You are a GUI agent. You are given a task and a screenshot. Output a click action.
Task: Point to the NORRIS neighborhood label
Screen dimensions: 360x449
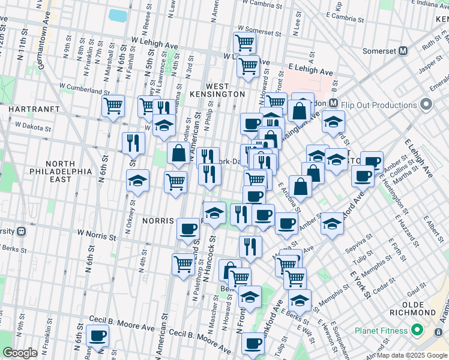tap(158, 221)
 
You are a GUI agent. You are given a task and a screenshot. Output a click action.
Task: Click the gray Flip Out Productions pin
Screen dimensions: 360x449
tap(427, 104)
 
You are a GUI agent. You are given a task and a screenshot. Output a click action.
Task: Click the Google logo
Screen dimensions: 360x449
tap(20, 353)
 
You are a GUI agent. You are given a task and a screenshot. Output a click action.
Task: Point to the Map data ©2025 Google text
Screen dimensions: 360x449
tap(412, 355)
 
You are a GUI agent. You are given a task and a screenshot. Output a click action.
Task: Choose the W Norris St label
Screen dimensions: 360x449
tap(96, 235)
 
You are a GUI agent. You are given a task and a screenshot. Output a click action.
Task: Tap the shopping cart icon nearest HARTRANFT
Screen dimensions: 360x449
tap(113, 106)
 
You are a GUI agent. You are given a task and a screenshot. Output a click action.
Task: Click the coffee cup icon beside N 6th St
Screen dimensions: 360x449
tap(97, 335)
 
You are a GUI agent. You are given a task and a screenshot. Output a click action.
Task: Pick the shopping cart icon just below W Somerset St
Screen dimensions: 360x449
tap(244, 43)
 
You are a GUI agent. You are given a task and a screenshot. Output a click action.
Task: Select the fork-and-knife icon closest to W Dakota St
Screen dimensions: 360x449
tap(133, 142)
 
